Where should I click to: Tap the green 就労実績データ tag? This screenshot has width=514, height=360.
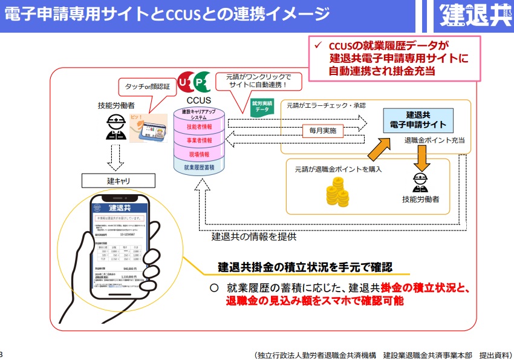[x=262, y=106]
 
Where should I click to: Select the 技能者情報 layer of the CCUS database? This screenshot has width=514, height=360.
[x=199, y=127]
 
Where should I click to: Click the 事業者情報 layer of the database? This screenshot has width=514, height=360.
[x=199, y=140]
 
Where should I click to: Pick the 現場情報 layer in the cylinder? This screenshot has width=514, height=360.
[x=199, y=154]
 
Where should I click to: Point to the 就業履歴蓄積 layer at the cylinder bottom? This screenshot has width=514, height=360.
[x=199, y=167]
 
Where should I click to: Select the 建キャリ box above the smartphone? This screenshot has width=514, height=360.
[x=119, y=181]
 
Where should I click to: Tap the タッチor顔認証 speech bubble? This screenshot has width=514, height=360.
[x=147, y=87]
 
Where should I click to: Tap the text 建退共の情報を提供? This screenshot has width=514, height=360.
[x=254, y=237]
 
